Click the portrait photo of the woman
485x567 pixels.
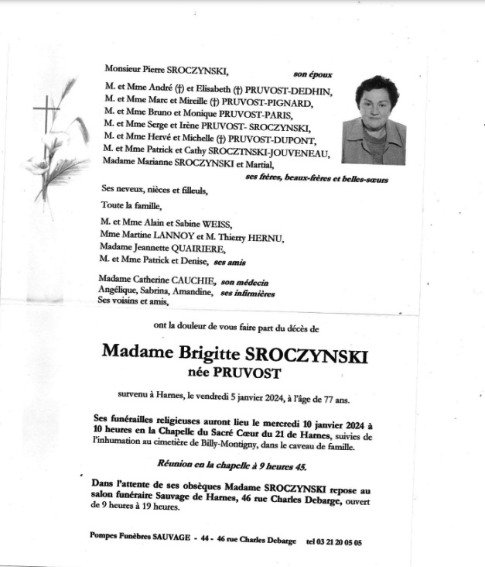[373, 120]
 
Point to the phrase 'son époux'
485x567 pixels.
[313, 74]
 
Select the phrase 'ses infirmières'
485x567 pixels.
[248, 294]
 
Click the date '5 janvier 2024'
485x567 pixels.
[254, 400]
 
